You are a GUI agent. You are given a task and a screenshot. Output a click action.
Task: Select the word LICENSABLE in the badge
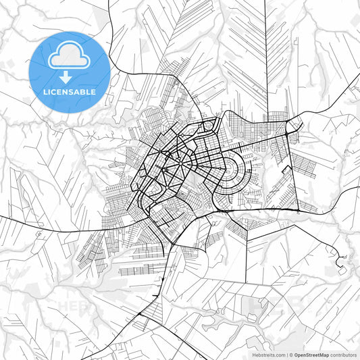pyautogui.click(x=70, y=91)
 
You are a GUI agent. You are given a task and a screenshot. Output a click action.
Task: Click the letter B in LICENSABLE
pyautogui.click(x=82, y=91)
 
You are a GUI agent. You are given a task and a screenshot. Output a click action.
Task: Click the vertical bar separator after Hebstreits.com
pyautogui.click(x=286, y=354)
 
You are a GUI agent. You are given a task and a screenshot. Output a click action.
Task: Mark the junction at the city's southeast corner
pyautogui.click(x=295, y=210)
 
